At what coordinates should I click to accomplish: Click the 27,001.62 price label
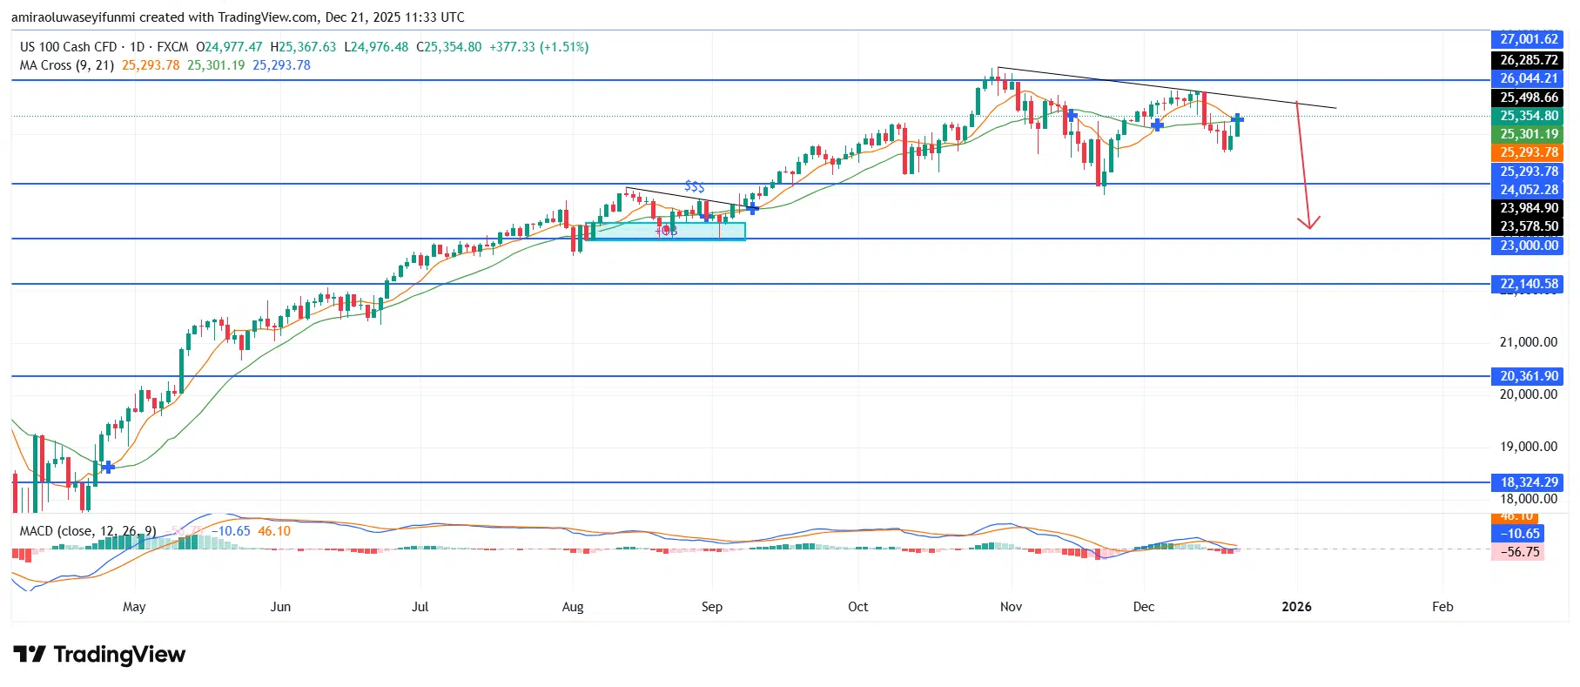point(1528,39)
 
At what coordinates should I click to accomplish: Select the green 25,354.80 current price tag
point(1528,116)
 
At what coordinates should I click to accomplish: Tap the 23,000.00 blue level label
point(1528,246)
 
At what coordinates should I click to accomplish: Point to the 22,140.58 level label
point(1528,284)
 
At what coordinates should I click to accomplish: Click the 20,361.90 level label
point(1528,376)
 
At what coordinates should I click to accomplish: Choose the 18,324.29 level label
point(1528,482)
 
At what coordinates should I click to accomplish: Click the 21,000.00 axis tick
point(1528,342)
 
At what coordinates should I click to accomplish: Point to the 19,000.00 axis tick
point(1528,447)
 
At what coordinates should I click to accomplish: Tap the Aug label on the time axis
point(573,607)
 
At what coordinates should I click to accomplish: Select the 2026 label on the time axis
point(1296,607)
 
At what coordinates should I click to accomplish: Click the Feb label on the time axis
point(1442,607)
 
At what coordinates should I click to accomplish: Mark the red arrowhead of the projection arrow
point(1308,224)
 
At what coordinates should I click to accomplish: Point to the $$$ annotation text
point(694,186)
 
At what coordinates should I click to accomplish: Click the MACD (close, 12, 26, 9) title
point(88,531)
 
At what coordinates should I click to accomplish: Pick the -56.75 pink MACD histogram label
point(1519,552)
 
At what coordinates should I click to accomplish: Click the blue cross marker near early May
point(107,468)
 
